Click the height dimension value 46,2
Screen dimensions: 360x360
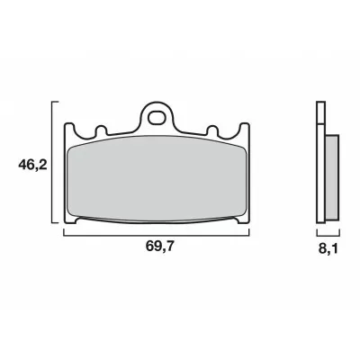[31, 166]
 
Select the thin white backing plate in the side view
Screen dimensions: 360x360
[320, 166]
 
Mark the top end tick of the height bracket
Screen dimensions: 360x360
[59, 101]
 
